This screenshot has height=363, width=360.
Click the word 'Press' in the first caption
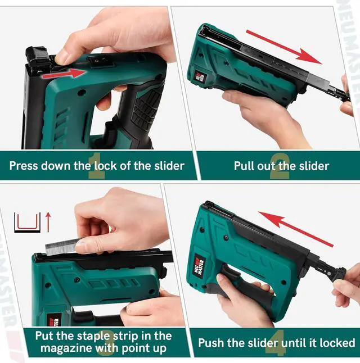coord(25,166)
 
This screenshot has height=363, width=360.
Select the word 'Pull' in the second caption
coord(245,166)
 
